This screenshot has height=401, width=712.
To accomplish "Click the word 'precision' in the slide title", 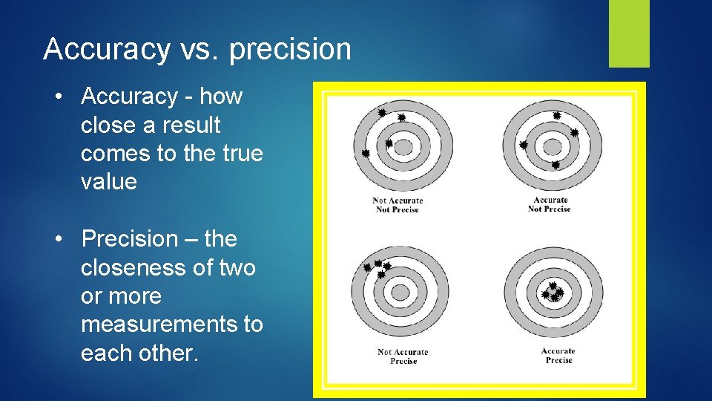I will point(290,50).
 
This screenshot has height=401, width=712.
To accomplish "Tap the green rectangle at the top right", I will point(629,33).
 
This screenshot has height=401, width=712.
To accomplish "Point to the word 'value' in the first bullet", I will point(109,182).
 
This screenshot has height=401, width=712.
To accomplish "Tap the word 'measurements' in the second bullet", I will point(172,325).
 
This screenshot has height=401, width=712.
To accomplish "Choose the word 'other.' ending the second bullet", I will point(172,353).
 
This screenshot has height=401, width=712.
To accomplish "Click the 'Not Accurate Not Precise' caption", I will point(398,205).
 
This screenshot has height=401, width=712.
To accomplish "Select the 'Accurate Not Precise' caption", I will point(550,204).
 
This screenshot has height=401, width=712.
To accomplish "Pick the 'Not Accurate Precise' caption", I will point(403,356).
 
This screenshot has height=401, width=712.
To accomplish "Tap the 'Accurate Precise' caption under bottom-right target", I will point(558,356).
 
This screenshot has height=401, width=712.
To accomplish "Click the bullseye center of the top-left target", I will point(402,147).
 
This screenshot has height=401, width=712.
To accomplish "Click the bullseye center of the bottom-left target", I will point(400,293).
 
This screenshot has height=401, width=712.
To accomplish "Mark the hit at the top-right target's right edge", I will point(574,133).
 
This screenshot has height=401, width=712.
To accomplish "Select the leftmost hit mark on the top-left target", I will point(365,153).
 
